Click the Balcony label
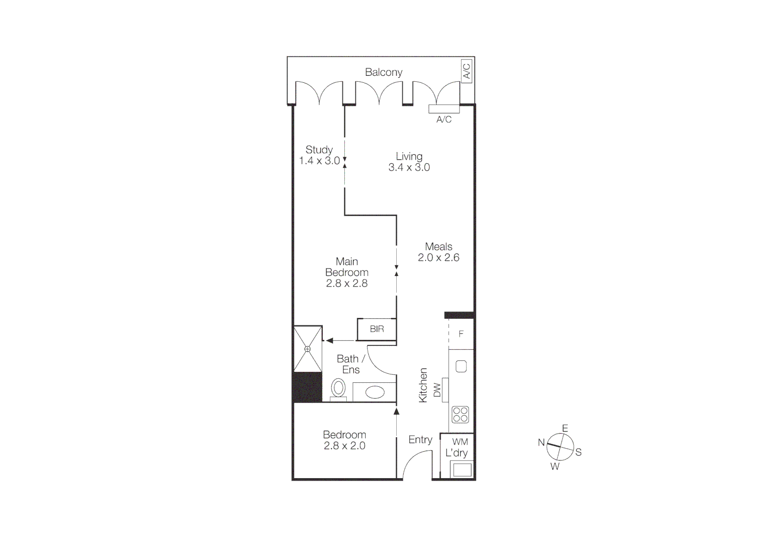383,72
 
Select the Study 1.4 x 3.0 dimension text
319,161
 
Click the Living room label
409,156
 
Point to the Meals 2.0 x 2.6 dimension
439,258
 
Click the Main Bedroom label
347,267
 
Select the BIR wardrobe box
377,329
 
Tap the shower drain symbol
307,349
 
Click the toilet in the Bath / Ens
339,389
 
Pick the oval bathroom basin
375,392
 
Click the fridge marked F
461,334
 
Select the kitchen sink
461,366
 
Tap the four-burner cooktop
460,415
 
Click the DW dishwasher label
438,390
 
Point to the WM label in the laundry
460,442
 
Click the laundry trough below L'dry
461,470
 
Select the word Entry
420,440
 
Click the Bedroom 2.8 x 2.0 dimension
344,446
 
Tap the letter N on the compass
541,442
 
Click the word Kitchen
423,385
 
